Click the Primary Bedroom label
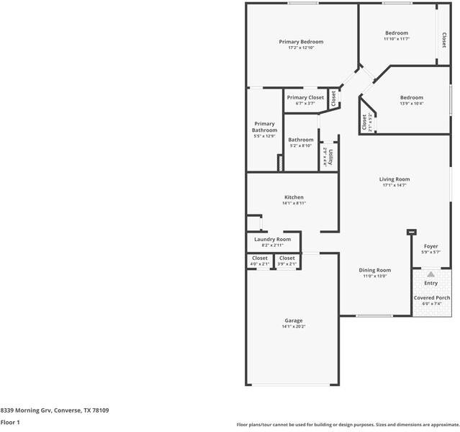pyautogui.click(x=301, y=42)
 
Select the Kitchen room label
pyautogui.click(x=294, y=197)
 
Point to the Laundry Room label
pyautogui.click(x=273, y=239)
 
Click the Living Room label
pyautogui.click(x=394, y=179)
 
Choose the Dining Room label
pyautogui.click(x=374, y=270)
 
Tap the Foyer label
pyautogui.click(x=430, y=246)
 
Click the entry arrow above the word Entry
pyautogui.click(x=430, y=274)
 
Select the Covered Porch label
pyautogui.click(x=432, y=297)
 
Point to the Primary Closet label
pyautogui.click(x=305, y=97)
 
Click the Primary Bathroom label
pyautogui.click(x=264, y=127)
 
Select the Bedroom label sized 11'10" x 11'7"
pyautogui.click(x=396, y=33)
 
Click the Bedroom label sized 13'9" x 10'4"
pyautogui.click(x=412, y=97)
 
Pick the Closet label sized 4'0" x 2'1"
pyautogui.click(x=260, y=258)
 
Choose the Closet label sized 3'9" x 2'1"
pyautogui.click(x=287, y=258)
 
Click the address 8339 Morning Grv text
pyautogui.click(x=55, y=410)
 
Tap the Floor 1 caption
pyautogui.click(x=10, y=423)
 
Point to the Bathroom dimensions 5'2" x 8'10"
pyautogui.click(x=301, y=146)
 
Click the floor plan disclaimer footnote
pyautogui.click(x=348, y=424)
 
